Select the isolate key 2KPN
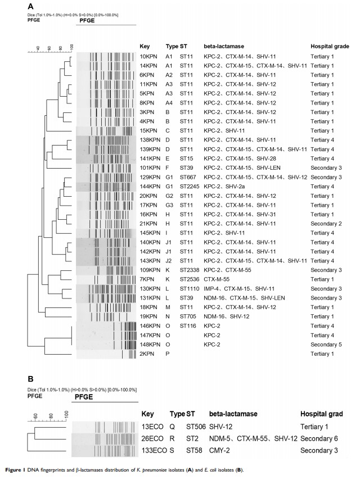coord(146,354)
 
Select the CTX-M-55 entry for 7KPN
coord(218,279)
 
